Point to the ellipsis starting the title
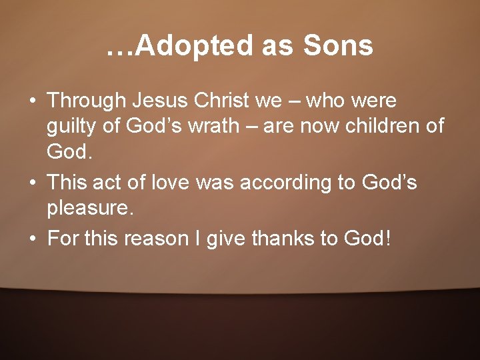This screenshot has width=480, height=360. tap(120, 50)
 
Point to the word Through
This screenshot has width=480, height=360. tap(87, 101)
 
